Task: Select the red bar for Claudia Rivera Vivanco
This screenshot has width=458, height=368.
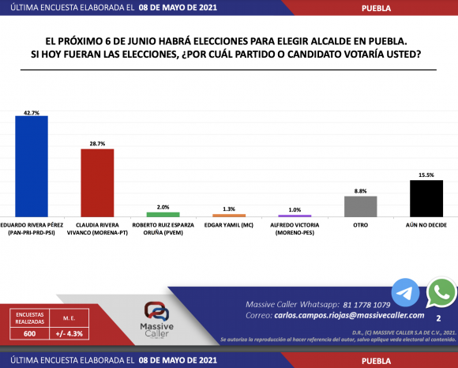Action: click(x=98, y=182)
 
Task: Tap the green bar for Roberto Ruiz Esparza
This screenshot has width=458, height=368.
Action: click(x=163, y=214)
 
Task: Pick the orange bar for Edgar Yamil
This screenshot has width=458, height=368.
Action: click(x=229, y=215)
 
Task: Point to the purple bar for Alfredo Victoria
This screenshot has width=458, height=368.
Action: click(x=295, y=216)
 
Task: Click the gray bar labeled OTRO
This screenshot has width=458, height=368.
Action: click(x=361, y=206)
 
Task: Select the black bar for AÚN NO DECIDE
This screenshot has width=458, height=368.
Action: click(x=426, y=198)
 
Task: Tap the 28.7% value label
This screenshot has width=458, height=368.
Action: click(x=98, y=145)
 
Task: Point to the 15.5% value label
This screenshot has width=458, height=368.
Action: click(x=426, y=175)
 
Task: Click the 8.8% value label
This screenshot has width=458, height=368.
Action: click(x=361, y=191)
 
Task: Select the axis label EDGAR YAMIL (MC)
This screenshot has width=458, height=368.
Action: click(x=229, y=224)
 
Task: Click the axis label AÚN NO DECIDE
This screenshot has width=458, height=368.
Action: click(x=426, y=224)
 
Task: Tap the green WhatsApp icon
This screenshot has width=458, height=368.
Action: click(x=441, y=294)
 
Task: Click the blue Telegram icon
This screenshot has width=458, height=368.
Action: click(x=406, y=293)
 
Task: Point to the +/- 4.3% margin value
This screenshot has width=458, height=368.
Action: click(x=69, y=334)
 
